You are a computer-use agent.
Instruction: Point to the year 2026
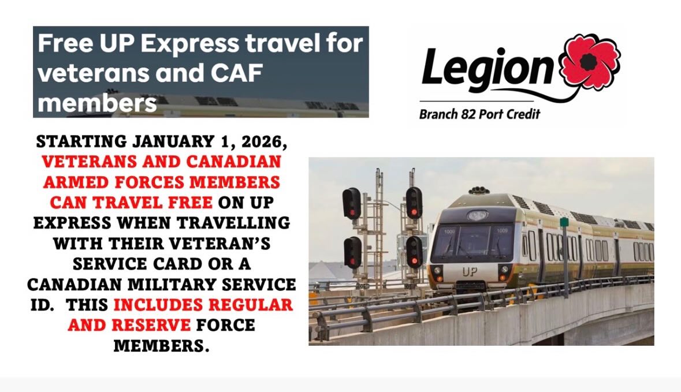(x=264, y=141)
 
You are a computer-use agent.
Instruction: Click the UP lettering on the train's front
(x=470, y=272)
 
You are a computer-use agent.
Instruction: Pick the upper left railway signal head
(x=351, y=203)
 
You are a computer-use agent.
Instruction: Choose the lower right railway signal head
(x=414, y=252)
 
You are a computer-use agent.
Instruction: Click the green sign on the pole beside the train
(x=564, y=222)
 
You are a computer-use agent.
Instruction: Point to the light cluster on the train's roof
(x=479, y=190)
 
